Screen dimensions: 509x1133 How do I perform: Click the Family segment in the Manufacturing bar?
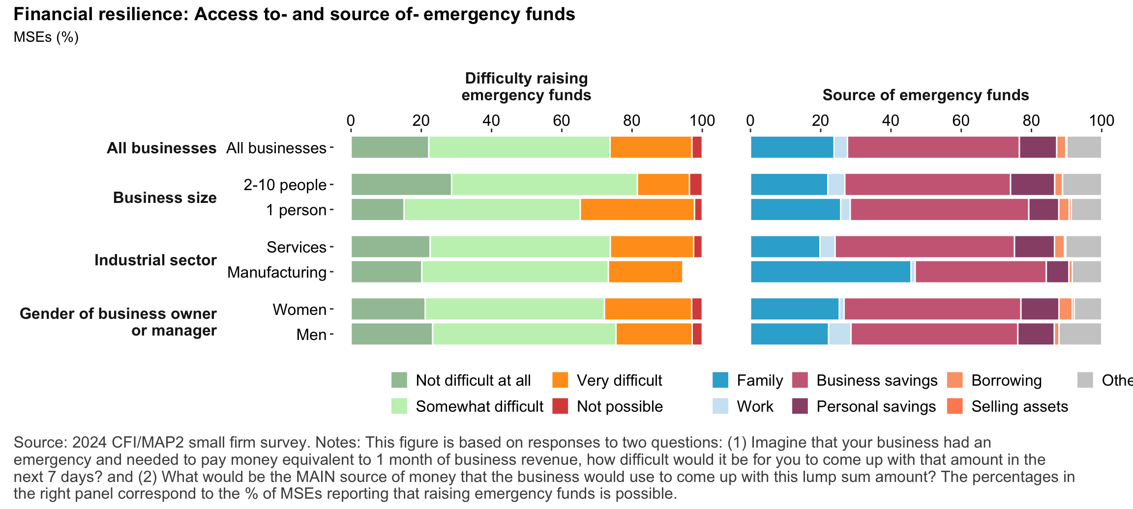[x=831, y=272]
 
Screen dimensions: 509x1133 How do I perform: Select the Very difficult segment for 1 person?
[x=637, y=209]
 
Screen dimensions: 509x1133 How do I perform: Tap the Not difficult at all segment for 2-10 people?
[x=401, y=184]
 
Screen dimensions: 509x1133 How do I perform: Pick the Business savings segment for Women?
[x=932, y=309]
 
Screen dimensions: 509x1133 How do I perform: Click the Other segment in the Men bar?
[x=1080, y=334]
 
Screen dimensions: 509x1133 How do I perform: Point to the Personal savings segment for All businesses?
[x=1038, y=147]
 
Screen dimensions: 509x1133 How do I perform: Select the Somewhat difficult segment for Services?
[x=520, y=247]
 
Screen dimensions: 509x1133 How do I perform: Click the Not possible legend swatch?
[x=560, y=406]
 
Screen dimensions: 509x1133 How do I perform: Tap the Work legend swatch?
[x=720, y=406]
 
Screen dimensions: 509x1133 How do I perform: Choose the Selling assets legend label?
[x=1019, y=406]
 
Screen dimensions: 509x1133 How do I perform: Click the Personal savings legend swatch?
[x=801, y=406]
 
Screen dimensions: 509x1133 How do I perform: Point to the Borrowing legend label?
[x=1006, y=380]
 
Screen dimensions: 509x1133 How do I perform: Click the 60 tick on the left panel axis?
[x=562, y=121]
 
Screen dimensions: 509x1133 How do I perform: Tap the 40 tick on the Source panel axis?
[x=891, y=121]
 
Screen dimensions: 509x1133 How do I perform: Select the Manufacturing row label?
[x=277, y=272]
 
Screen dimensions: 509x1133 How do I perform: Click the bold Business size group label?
[x=165, y=198]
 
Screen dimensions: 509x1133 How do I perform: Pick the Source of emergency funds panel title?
[x=925, y=95]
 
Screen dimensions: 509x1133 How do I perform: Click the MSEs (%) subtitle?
[x=46, y=37]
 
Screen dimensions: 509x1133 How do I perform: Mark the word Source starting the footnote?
[x=40, y=442]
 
